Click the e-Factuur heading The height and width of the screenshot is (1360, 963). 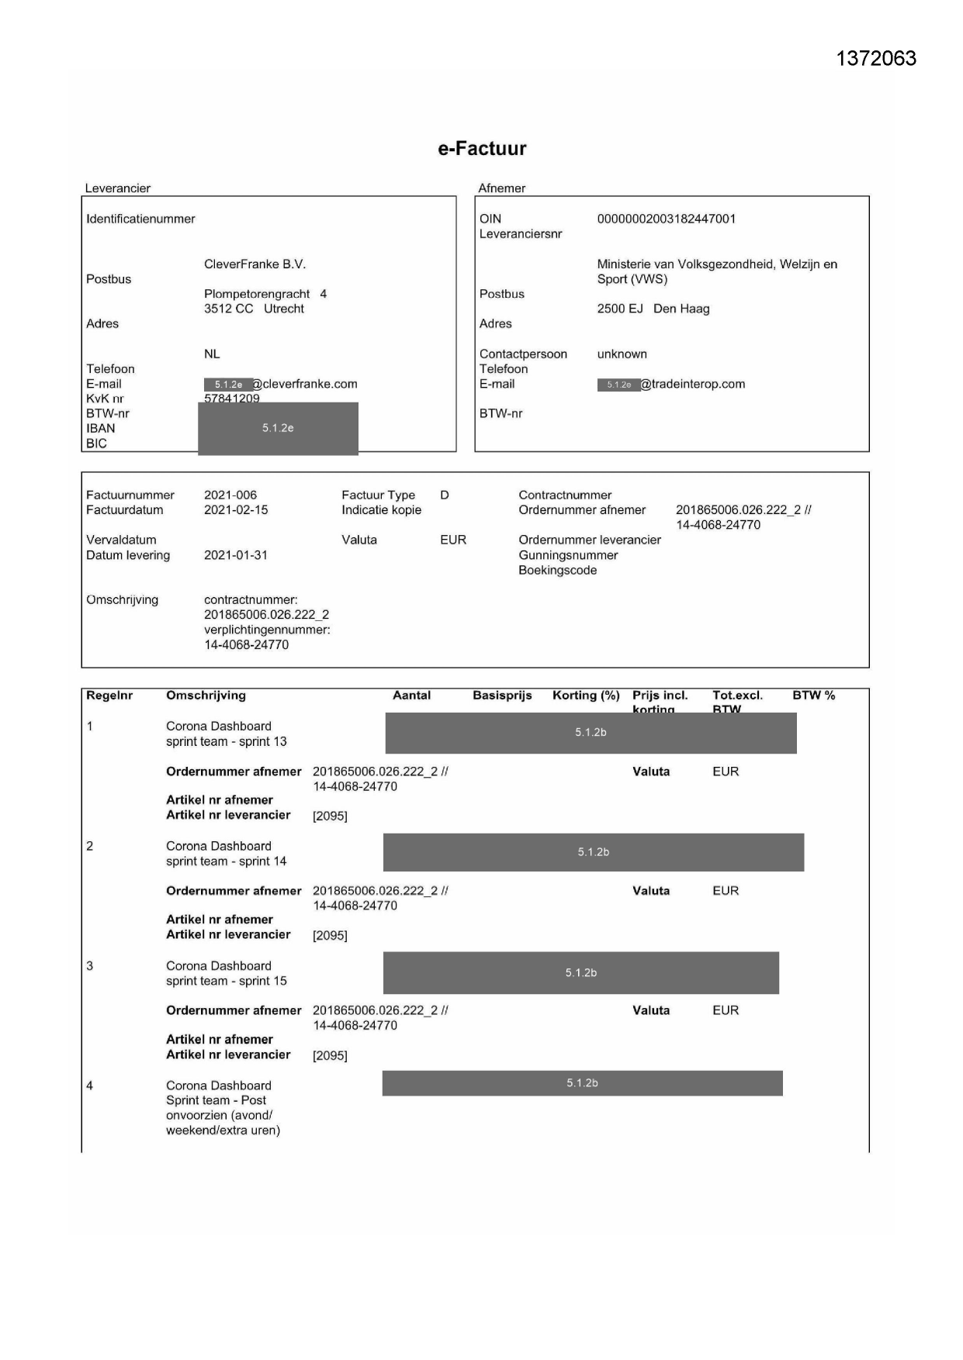482,149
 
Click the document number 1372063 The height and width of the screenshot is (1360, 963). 876,59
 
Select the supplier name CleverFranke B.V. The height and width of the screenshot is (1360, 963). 255,264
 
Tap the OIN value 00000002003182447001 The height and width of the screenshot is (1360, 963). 666,219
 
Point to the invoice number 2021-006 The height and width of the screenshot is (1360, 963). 230,495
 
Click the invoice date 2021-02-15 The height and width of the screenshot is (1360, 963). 236,510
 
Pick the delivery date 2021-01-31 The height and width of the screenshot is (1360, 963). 236,555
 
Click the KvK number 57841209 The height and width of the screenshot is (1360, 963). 231,398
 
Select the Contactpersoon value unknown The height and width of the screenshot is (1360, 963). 622,354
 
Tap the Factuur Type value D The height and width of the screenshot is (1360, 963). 445,495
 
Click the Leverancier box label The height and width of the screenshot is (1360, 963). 118,188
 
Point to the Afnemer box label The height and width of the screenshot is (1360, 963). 501,188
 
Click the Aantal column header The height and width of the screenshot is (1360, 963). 411,696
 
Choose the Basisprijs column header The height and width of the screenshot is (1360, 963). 502,696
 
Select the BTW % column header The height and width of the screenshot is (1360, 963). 813,696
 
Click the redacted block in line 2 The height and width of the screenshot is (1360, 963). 594,852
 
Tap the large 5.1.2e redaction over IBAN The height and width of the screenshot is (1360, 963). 278,428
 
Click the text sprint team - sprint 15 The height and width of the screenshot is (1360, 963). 226,981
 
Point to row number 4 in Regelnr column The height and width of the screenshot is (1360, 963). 90,1086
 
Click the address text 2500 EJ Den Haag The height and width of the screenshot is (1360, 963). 653,309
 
